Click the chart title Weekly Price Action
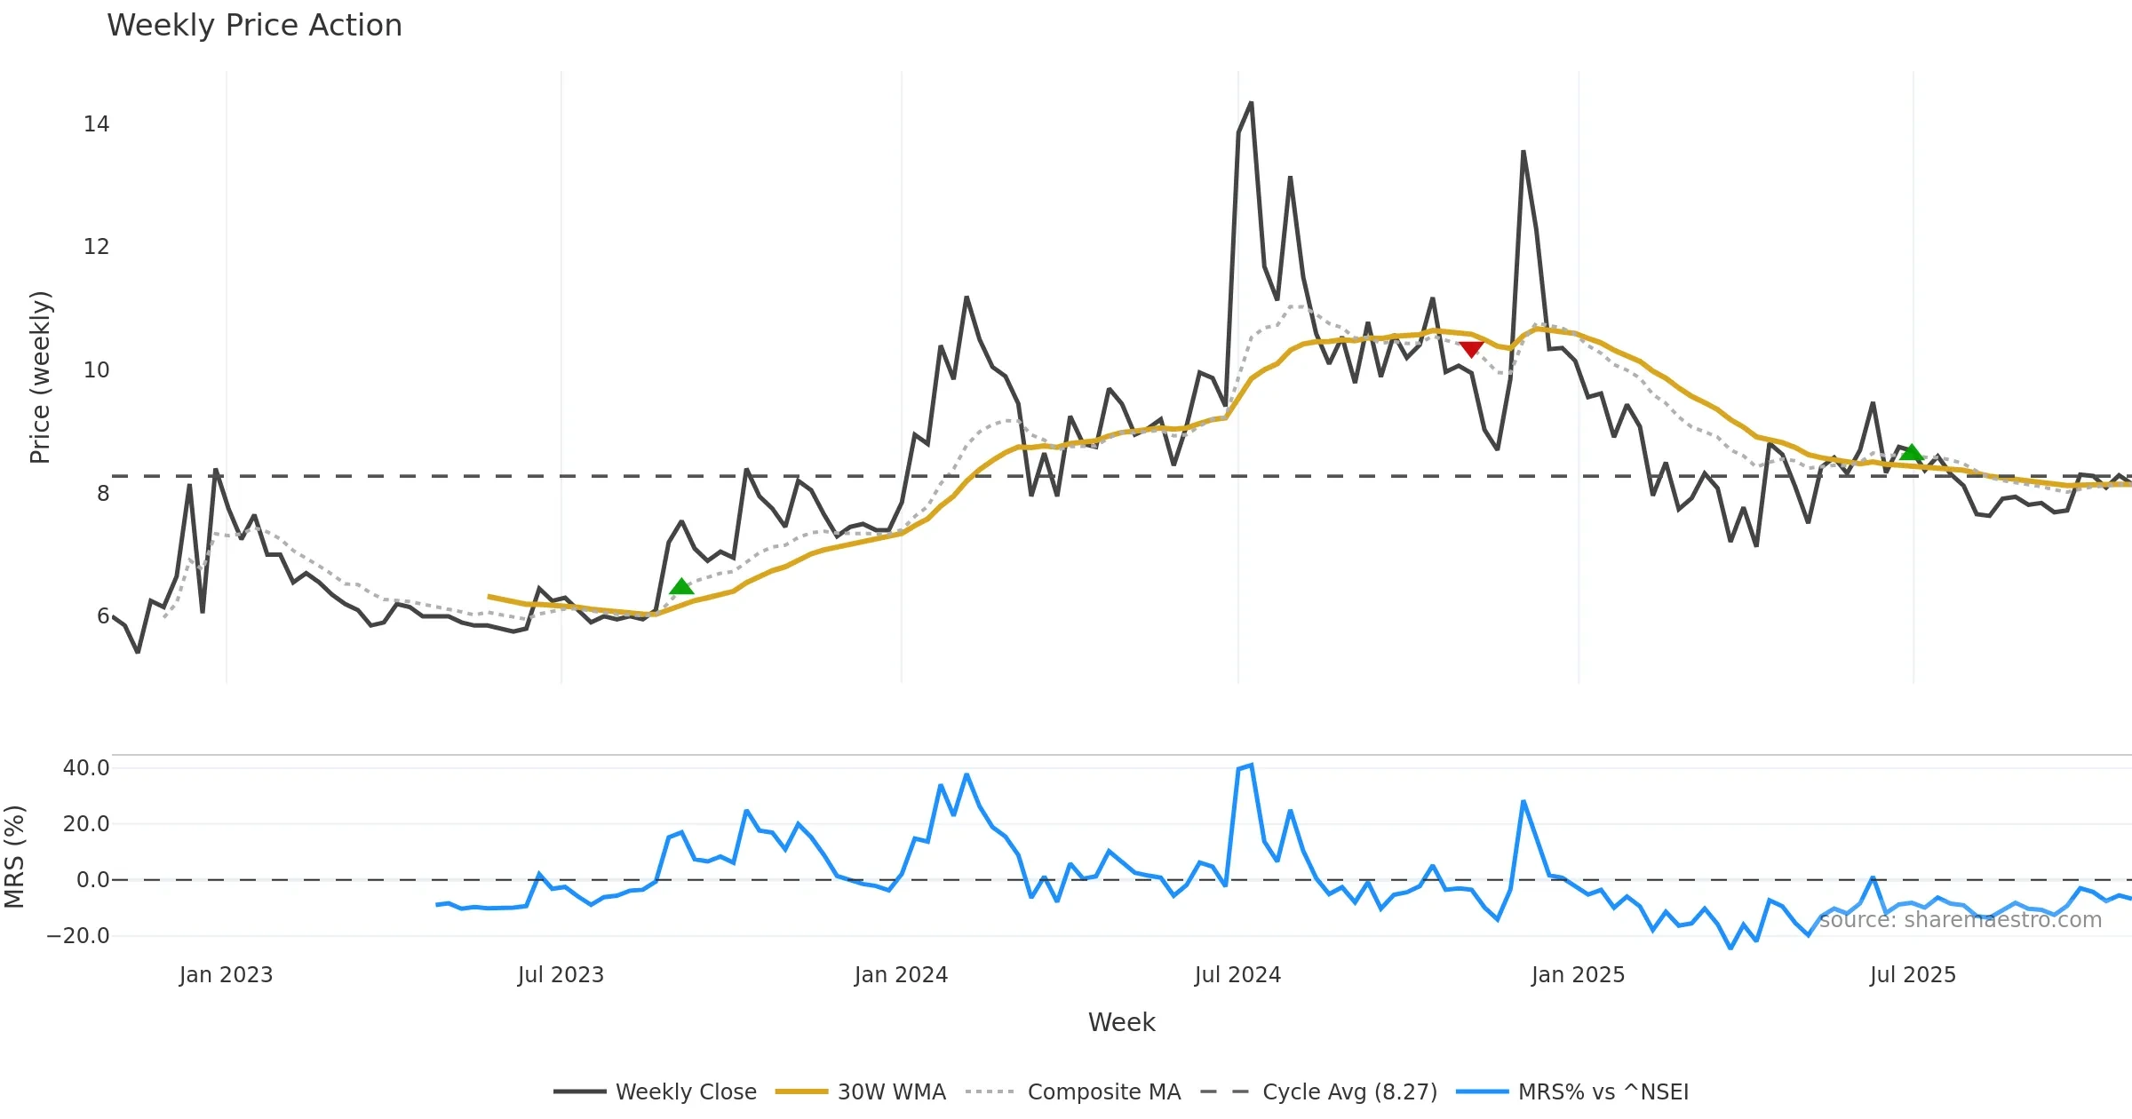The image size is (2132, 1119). pos(254,26)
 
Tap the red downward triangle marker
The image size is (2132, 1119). pos(1471,349)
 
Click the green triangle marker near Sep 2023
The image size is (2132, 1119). pos(681,586)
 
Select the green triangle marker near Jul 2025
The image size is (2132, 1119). pos(1911,453)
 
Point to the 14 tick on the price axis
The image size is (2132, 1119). pos(96,124)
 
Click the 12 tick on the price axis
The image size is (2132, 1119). pos(96,247)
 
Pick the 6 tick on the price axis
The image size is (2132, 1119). pos(103,616)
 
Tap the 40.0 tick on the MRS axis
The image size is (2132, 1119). pos(86,768)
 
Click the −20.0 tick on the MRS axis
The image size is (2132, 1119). pos(78,936)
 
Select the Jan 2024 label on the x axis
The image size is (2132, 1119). pos(901,975)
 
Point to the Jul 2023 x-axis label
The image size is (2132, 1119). pos(561,975)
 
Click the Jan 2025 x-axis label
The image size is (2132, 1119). pos(1578,975)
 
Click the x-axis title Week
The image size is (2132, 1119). pos(1121,1022)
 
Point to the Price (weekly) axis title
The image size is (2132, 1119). pos(40,377)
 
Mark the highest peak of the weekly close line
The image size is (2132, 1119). pos(1251,103)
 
